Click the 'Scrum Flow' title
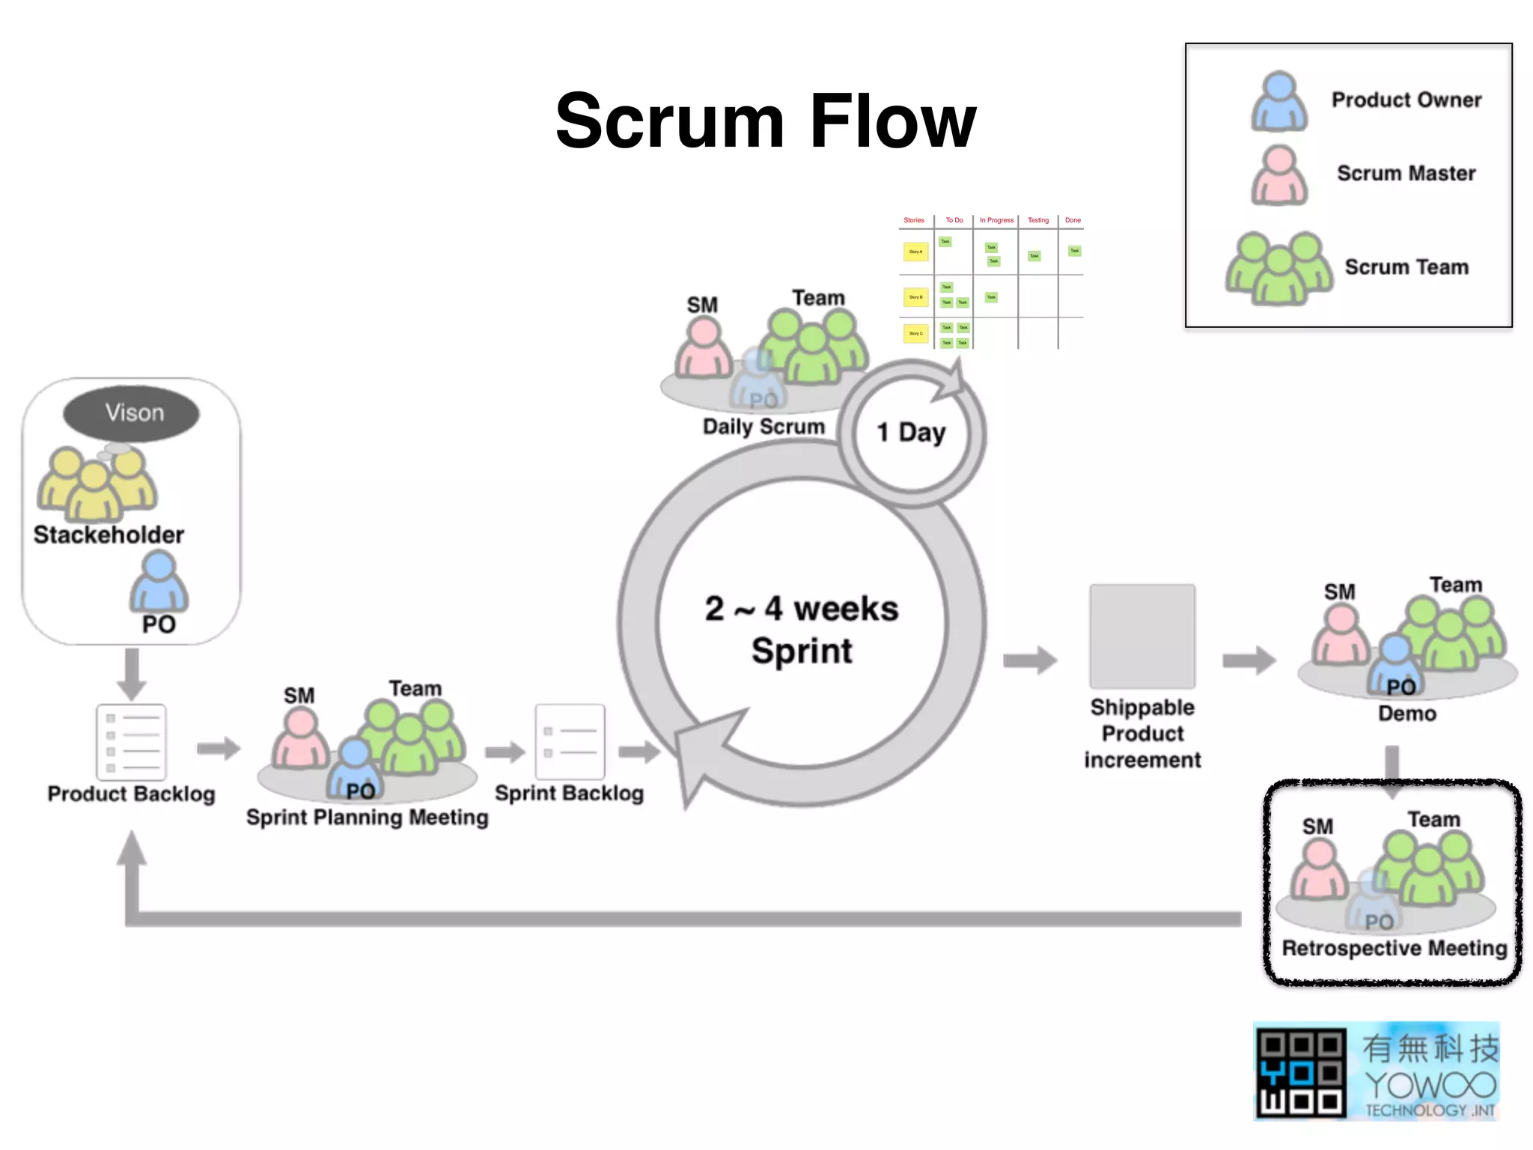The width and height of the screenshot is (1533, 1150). click(x=765, y=121)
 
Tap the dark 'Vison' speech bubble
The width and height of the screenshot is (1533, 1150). click(x=132, y=413)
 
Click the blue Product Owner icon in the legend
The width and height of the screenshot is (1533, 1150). click(x=1279, y=102)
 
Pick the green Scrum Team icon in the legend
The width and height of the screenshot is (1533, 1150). click(x=1278, y=268)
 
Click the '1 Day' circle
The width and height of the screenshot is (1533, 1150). click(x=911, y=433)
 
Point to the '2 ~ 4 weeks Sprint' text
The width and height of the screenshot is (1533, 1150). click(x=801, y=629)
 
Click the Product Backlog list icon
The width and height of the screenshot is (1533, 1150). click(x=131, y=742)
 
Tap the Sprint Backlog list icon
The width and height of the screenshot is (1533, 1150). click(x=570, y=741)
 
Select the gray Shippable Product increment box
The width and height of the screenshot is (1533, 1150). click(x=1142, y=636)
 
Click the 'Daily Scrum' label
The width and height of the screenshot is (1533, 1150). click(x=764, y=427)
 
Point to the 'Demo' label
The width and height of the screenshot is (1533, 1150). click(x=1406, y=714)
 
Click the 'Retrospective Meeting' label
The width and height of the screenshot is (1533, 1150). click(x=1394, y=949)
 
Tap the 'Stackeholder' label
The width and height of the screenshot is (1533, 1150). click(x=109, y=535)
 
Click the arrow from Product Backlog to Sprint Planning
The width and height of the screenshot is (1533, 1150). click(x=218, y=748)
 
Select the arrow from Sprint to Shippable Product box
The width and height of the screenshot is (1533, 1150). click(x=1030, y=660)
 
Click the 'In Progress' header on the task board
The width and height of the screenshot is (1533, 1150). click(x=996, y=220)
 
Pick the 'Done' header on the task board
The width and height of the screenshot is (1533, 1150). click(x=1073, y=220)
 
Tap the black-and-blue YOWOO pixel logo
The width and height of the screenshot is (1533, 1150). click(x=1300, y=1073)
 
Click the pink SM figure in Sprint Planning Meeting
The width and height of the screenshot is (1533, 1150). click(x=300, y=740)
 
